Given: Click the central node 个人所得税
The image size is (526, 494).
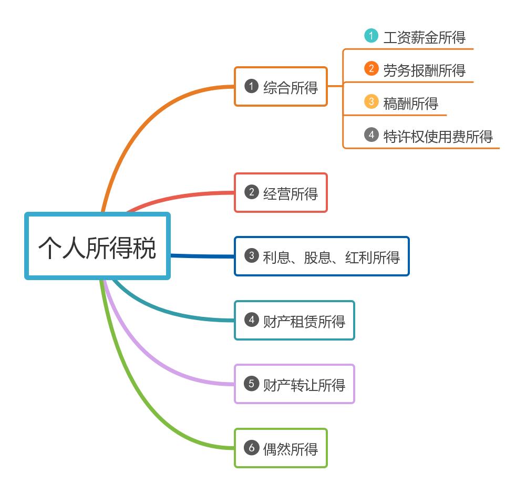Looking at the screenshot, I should [97, 246].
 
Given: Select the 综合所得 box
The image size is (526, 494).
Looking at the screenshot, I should [281, 87].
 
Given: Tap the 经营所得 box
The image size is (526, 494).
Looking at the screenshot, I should [281, 193].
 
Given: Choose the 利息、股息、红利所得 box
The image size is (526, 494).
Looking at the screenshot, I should [321, 256].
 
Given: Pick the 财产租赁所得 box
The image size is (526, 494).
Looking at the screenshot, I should [294, 320].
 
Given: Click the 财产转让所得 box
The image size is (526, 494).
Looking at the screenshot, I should [294, 384].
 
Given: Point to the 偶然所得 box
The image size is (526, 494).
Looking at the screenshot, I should [281, 448].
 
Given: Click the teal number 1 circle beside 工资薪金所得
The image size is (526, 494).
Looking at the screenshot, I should [371, 36].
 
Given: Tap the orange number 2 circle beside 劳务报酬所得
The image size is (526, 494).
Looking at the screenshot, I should [371, 69].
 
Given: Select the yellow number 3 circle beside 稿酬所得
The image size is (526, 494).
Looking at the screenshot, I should [371, 101].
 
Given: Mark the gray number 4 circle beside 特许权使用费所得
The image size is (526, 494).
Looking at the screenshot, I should [371, 135].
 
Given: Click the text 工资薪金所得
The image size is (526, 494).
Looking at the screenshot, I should [424, 37].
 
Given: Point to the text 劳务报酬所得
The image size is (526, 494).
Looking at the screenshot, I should [424, 70].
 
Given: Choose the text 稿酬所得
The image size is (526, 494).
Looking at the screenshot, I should [410, 104].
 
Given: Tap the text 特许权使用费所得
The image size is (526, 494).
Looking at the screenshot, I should [438, 137].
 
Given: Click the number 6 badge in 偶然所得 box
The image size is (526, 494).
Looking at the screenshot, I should [252, 448].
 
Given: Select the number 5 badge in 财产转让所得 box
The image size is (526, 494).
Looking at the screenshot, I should [252, 384].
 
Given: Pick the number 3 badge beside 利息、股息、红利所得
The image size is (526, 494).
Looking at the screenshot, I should [252, 256].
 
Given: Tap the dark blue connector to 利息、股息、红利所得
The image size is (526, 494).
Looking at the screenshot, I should [202, 256].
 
